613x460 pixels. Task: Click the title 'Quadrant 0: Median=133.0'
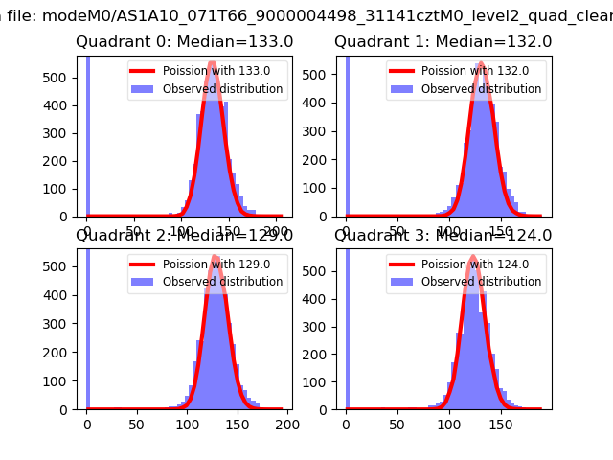pyautogui.click(x=184, y=42)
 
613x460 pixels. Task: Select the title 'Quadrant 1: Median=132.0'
pyautogui.click(x=443, y=42)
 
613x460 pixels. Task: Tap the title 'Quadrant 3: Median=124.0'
pyautogui.click(x=443, y=235)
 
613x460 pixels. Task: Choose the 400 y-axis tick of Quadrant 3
pyautogui.click(x=319, y=296)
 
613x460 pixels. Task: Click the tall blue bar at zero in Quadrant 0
pyautogui.click(x=87, y=134)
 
